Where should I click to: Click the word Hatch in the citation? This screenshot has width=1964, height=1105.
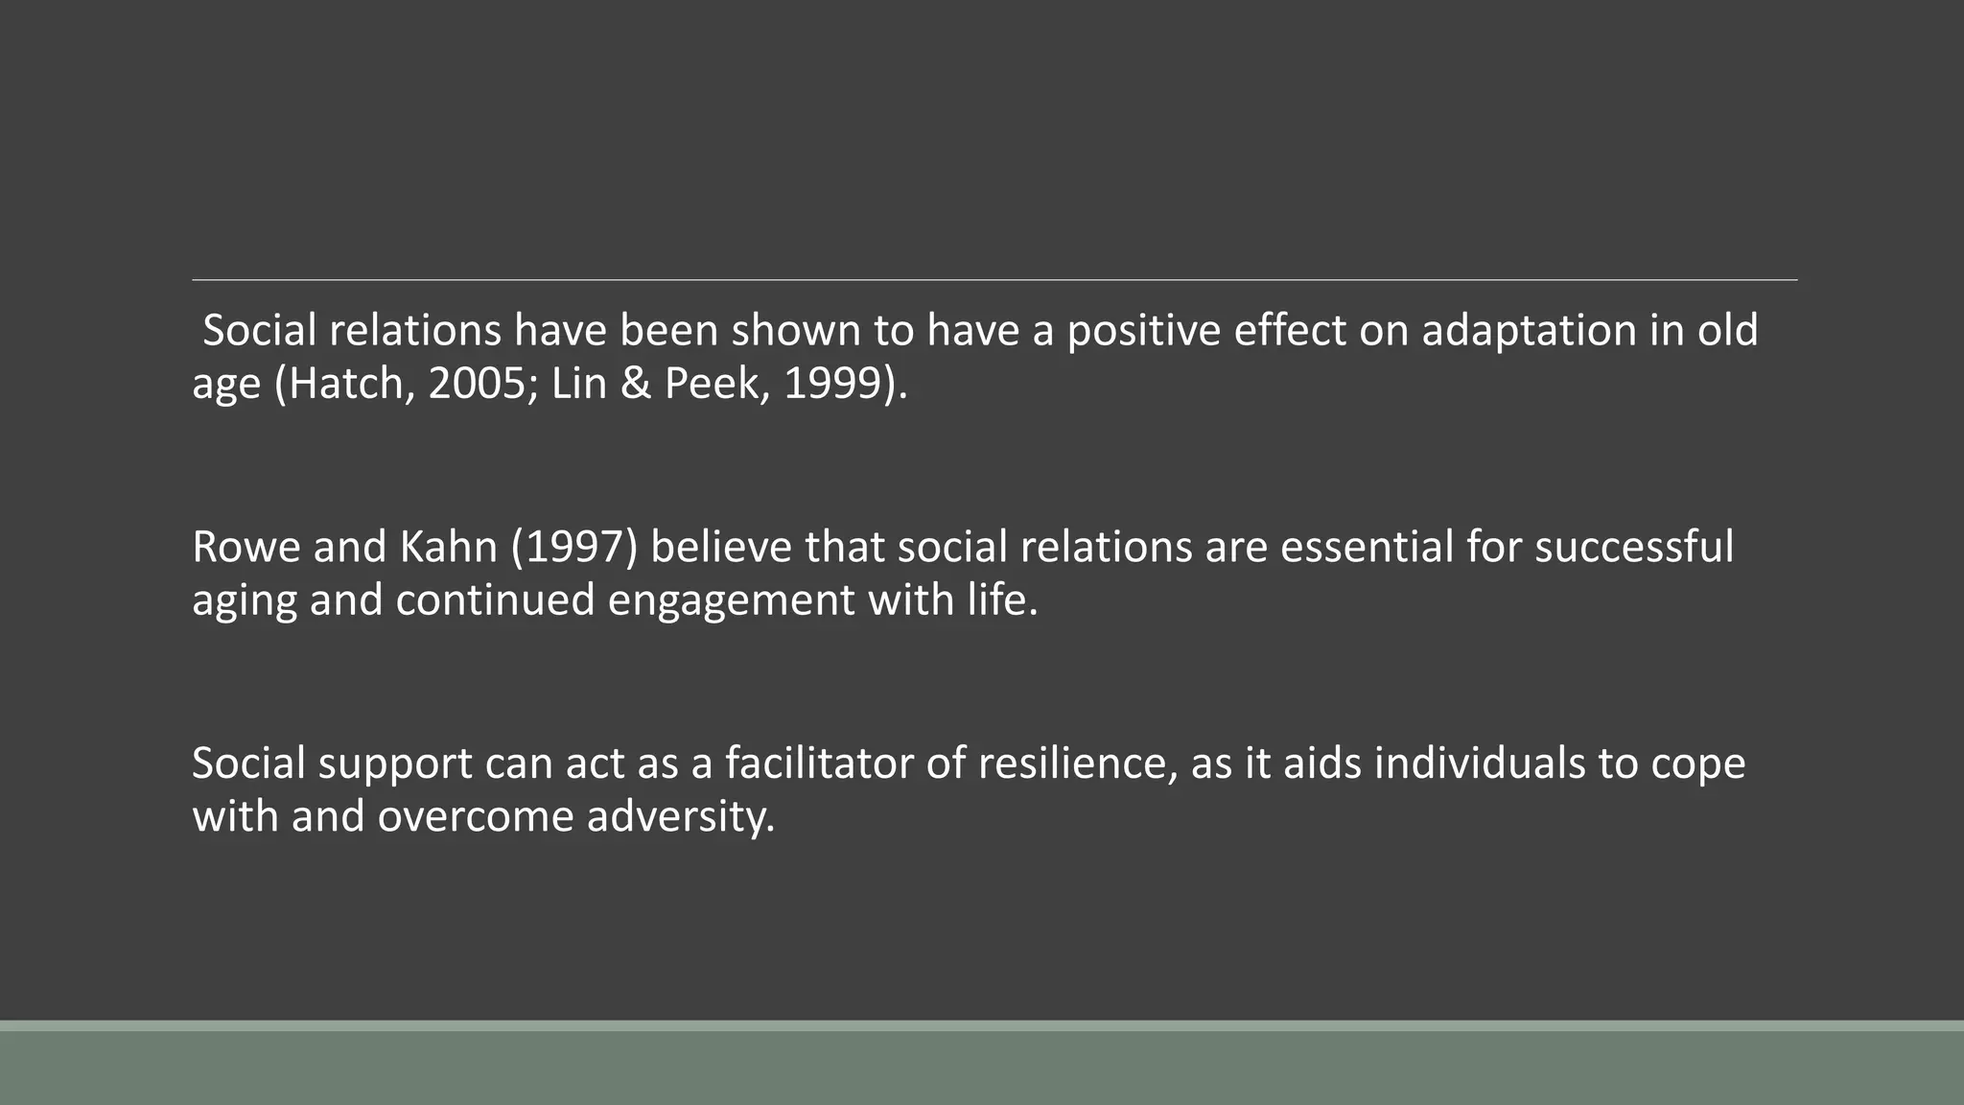(x=348, y=384)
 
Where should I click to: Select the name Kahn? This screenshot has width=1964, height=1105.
(x=448, y=547)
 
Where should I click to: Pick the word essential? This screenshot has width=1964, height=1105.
(x=1367, y=547)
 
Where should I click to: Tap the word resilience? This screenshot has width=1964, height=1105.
(x=1077, y=764)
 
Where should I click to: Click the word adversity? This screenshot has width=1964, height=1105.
(x=680, y=816)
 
